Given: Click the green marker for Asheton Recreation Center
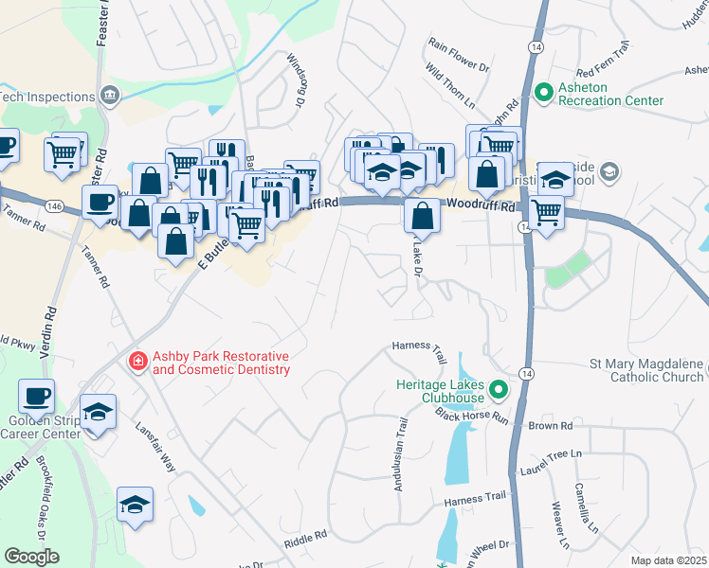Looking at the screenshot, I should click(x=544, y=93).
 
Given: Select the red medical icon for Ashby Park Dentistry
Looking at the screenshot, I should click(x=138, y=362).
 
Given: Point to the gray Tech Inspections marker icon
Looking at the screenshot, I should click(x=111, y=96).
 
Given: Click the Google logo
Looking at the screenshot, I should click(x=31, y=557).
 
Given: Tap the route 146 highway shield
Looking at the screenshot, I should click(x=53, y=204).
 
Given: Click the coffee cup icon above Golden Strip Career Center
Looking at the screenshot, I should click(x=37, y=397).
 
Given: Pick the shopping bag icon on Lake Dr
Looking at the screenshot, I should click(x=422, y=215).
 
